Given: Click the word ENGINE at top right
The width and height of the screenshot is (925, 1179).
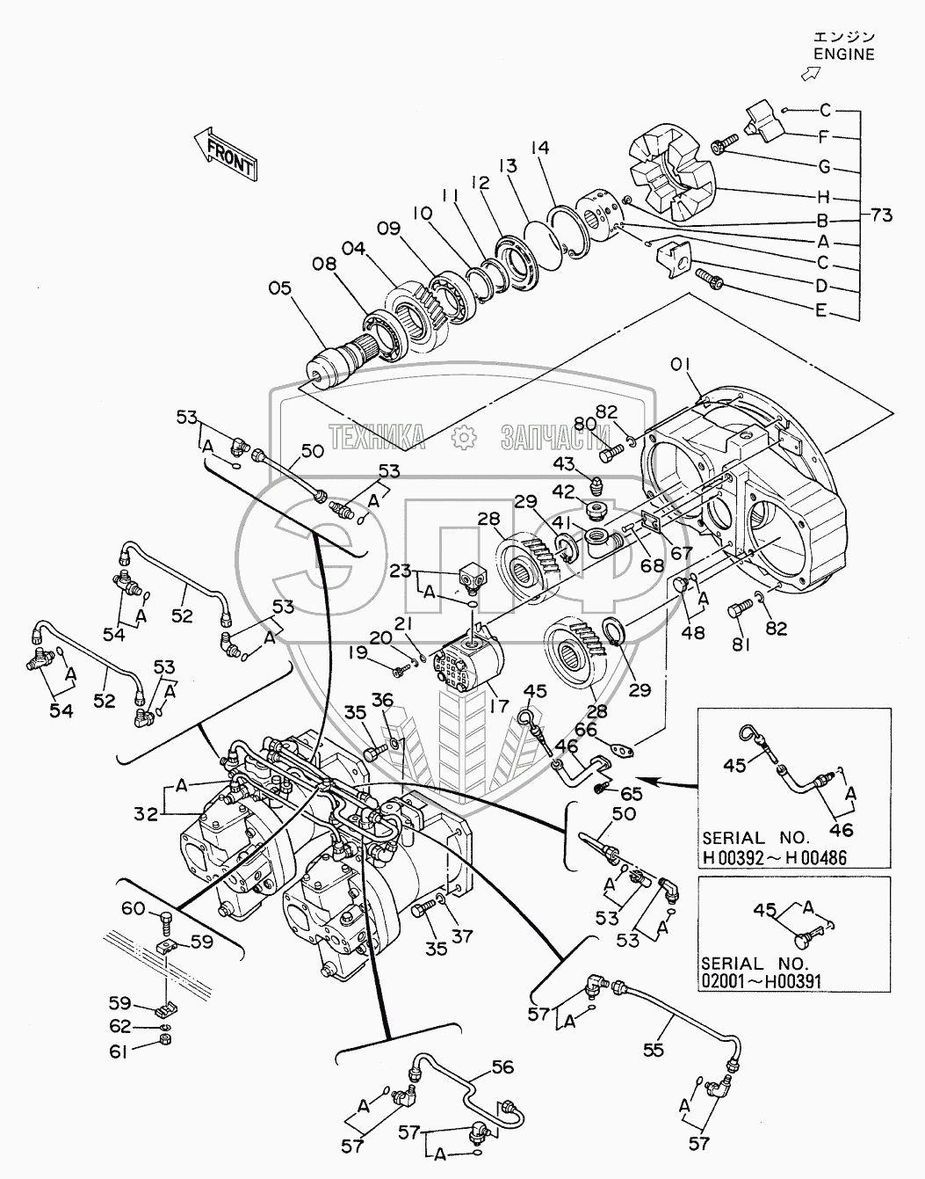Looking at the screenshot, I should point(843,54).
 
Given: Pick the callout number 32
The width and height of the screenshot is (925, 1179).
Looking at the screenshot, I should point(147,813).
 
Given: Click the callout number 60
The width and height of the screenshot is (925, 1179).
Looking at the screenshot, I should point(133,909).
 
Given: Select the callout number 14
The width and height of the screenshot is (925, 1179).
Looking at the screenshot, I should point(539,149).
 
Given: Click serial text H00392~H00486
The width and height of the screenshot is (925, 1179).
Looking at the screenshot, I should point(774,857).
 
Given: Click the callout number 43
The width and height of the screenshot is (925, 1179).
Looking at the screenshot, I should point(564,462).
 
